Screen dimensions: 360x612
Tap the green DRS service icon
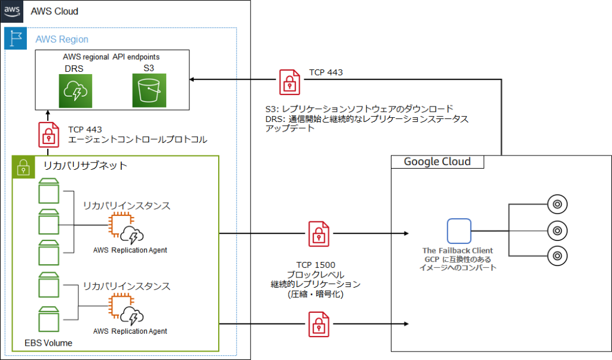pyautogui.click(x=75, y=90)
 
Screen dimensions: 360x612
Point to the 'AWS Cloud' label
pyautogui.click(x=54, y=11)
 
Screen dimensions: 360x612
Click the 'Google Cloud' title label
pyautogui.click(x=437, y=161)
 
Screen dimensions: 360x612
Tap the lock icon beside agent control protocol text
pyautogui.click(x=49, y=135)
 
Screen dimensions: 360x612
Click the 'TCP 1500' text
pyautogui.click(x=315, y=264)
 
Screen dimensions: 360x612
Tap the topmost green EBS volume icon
pyautogui.click(x=49, y=191)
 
